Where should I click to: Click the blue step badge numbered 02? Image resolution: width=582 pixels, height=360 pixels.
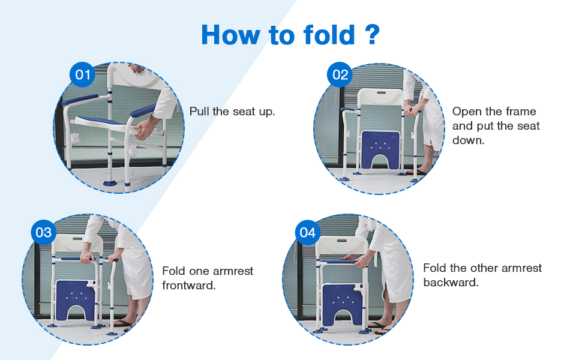coord(340,75)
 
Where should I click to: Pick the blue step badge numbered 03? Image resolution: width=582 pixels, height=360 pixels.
coord(44,232)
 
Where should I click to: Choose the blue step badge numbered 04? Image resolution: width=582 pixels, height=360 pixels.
coord(307,232)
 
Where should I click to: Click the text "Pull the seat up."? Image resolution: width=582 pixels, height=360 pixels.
coord(232,112)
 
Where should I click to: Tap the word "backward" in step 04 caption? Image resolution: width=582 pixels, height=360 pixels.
coord(451,282)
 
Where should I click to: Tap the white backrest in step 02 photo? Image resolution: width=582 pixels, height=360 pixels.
coord(379,99)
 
